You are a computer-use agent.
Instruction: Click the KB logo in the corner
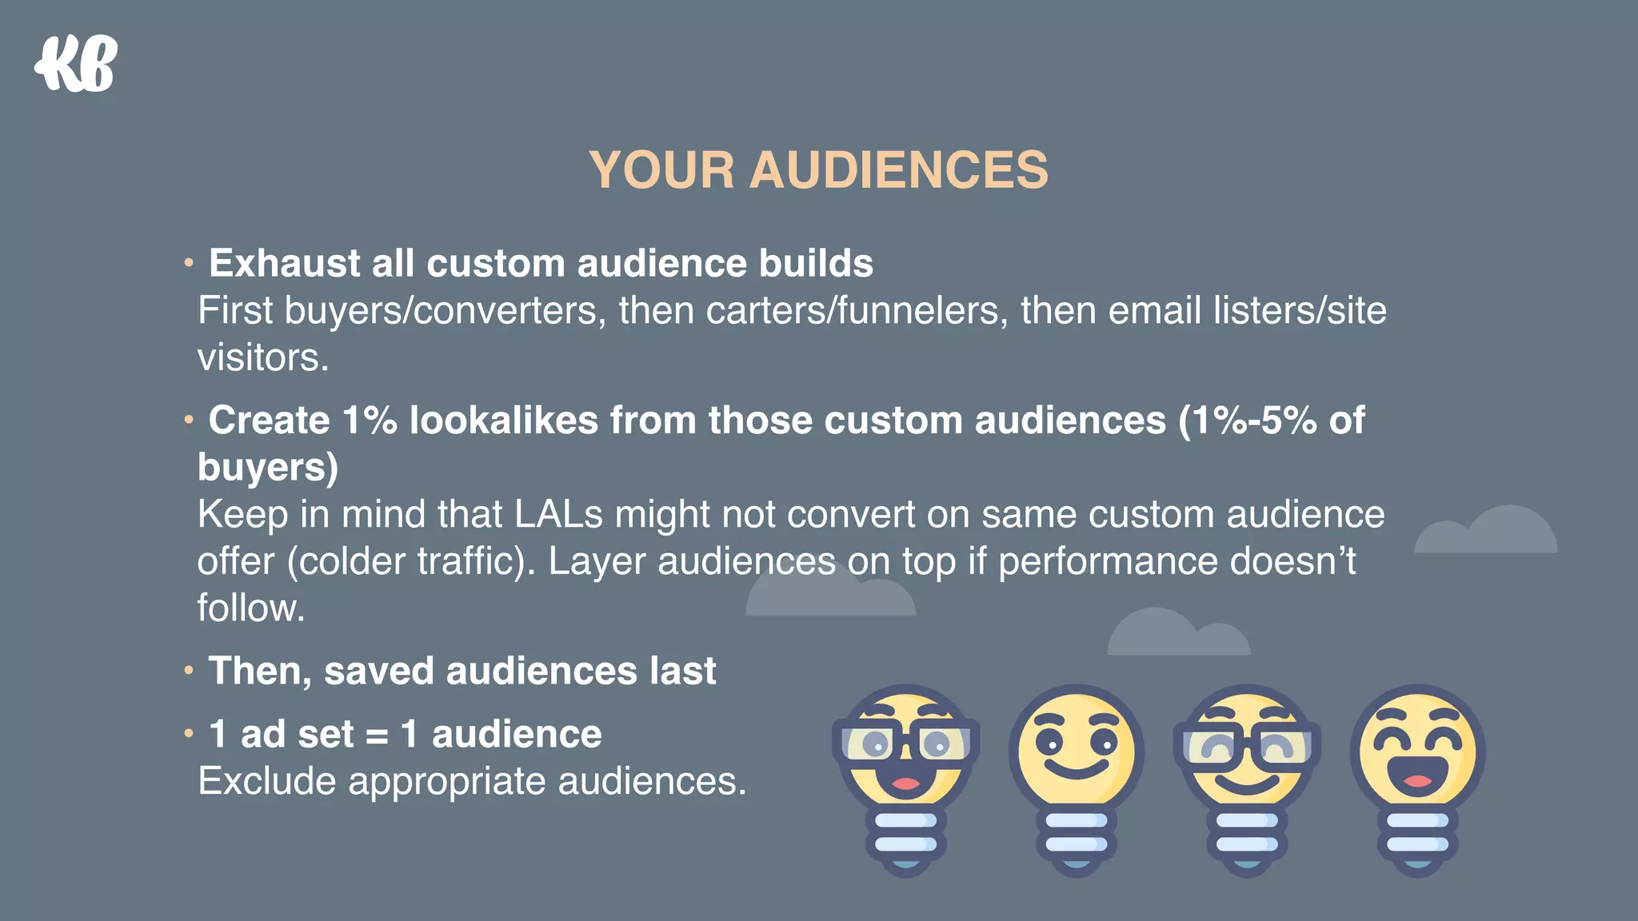click(x=76, y=64)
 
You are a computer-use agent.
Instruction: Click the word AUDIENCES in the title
click(x=897, y=170)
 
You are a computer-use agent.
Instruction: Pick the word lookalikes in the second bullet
click(x=503, y=420)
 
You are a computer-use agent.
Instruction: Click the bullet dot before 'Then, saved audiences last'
click(x=189, y=670)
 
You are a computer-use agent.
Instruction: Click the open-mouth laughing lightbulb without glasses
click(x=1417, y=752)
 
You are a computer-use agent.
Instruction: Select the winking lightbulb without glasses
click(x=1076, y=752)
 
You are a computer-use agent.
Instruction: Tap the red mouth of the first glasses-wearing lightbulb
click(x=905, y=783)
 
